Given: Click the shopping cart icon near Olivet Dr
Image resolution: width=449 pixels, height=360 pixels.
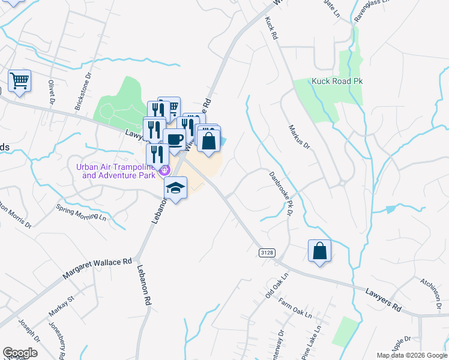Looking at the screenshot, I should (20, 81).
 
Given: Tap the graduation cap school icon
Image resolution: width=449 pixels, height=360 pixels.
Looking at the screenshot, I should (176, 188).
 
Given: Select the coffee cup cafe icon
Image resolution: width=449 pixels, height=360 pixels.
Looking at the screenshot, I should (174, 140).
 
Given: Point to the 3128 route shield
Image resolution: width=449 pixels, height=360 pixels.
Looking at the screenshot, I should (267, 253).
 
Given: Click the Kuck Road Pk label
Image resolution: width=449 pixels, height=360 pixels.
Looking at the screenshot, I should (337, 81).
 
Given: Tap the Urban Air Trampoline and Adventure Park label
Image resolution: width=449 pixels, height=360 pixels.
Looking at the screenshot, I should (118, 172).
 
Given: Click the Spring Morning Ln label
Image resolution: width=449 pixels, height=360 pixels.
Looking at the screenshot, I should (82, 214).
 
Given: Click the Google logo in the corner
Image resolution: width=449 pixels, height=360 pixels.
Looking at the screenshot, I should (20, 352).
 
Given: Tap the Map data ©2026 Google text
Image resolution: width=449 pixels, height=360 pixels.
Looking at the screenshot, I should (411, 355).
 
